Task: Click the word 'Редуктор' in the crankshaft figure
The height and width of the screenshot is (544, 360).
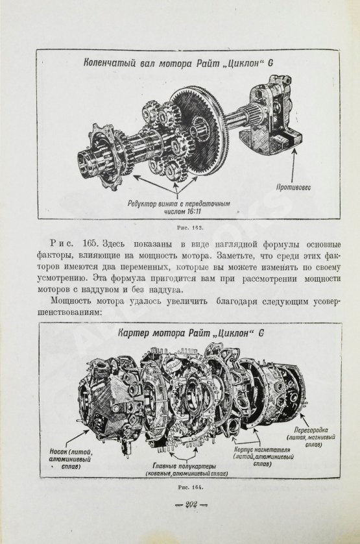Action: click(x=145, y=203)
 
